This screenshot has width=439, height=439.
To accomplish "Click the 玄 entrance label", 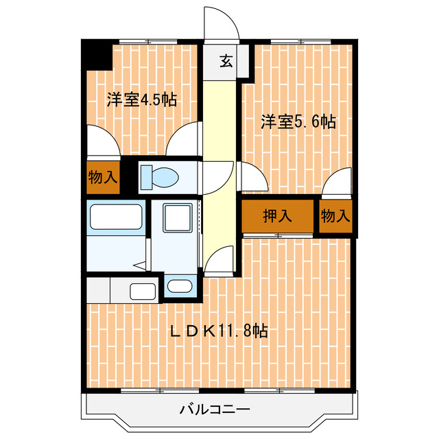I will [x=226, y=60].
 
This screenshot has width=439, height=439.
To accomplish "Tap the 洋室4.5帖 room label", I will [x=141, y=100].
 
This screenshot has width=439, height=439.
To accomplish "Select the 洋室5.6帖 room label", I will [x=297, y=123].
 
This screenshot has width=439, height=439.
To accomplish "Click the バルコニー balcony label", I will [x=215, y=410].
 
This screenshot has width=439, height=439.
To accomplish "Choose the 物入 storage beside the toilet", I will [x=102, y=178].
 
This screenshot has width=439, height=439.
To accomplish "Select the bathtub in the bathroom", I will [x=116, y=219].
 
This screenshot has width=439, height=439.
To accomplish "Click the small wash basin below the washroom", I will [x=180, y=287].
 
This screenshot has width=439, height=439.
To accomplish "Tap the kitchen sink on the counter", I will [x=143, y=291].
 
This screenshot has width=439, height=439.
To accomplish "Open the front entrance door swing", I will [x=221, y=24].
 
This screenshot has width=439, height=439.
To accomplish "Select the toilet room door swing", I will [x=218, y=177].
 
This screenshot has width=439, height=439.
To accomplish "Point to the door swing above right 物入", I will [x=337, y=184].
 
